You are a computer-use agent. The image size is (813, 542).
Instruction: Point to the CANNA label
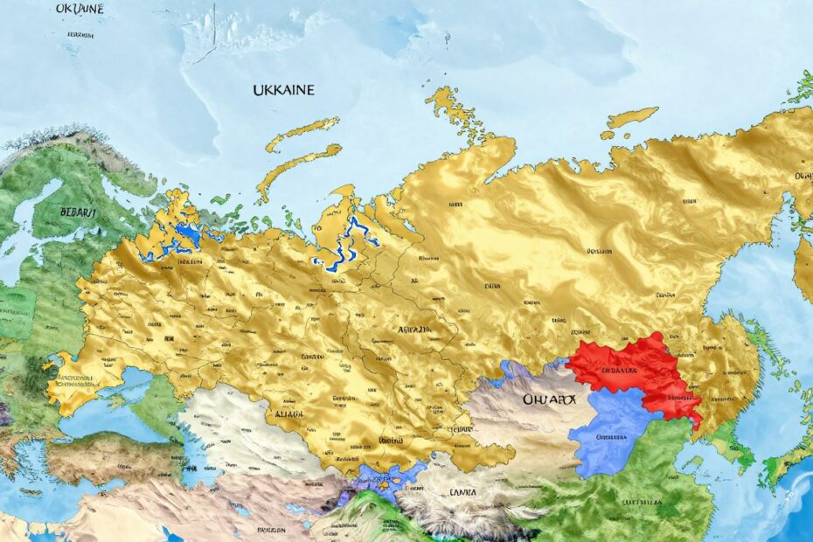coord(463,491)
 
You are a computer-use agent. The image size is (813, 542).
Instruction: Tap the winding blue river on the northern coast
coord(350,245)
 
